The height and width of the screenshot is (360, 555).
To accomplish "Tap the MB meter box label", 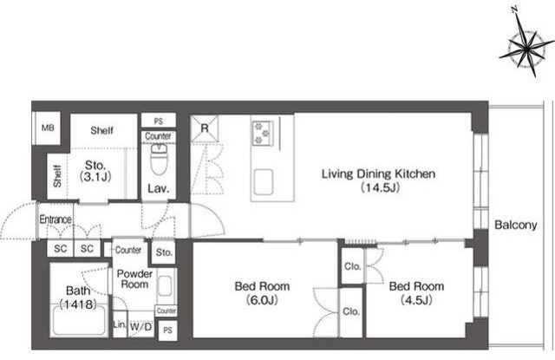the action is coord(48,128).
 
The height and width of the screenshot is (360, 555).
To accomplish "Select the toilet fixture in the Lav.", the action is coord(159,160).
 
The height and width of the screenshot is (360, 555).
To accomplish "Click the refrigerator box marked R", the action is coord(205,128).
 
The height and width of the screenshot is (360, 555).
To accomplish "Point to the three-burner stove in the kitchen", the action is coord(263,133).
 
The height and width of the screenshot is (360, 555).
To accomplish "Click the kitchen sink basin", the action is coord(264,182).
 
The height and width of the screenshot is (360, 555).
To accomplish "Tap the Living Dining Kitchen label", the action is coord(378,173).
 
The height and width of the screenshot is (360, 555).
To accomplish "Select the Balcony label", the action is coord(516,225).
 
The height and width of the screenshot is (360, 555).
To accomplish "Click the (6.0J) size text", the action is coord(262,300).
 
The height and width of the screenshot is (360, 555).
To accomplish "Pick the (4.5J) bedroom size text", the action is coord(416,300).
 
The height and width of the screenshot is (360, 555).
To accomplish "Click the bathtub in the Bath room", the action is coord(79,320).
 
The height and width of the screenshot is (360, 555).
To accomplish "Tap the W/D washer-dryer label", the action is coord(140,326).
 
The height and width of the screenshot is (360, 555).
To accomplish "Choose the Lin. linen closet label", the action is coord(120,324).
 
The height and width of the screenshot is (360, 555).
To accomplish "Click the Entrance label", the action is coord(55,219).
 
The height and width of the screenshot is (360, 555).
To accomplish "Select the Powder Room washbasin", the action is coord(166,285).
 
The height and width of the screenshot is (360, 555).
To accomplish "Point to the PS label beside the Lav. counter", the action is coord(159,121).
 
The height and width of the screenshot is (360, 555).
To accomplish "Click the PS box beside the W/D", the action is coord(167,331).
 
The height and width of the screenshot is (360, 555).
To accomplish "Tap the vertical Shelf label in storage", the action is coord(57,176).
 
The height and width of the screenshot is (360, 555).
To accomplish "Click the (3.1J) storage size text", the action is coord(95,177).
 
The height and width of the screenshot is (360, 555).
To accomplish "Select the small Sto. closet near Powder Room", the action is coord(164,252).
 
